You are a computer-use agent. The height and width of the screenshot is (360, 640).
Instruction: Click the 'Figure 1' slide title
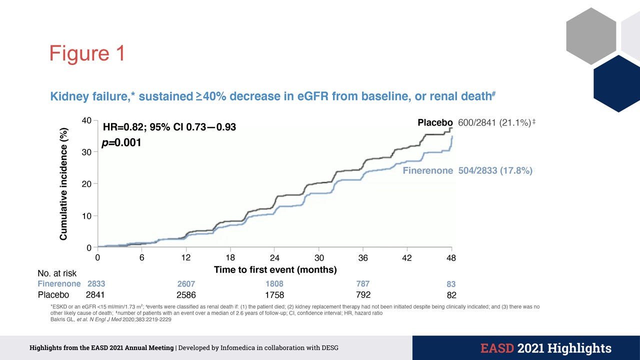click(x=87, y=53)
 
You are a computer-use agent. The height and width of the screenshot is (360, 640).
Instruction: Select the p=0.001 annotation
click(x=121, y=143)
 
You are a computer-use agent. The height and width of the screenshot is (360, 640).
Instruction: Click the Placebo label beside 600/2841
click(x=435, y=122)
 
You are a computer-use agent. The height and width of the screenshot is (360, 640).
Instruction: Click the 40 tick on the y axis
click(x=86, y=120)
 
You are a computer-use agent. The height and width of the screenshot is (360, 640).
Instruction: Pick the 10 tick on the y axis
click(x=86, y=216)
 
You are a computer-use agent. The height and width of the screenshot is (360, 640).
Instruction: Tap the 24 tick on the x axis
click(x=274, y=258)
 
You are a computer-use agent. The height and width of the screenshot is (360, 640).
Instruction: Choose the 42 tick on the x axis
click(x=407, y=258)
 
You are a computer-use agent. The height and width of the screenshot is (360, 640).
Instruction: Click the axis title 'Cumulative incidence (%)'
click(x=64, y=183)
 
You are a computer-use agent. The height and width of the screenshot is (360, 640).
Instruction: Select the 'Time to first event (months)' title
click(x=275, y=270)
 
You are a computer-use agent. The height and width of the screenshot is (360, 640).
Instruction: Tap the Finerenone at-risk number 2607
click(x=185, y=284)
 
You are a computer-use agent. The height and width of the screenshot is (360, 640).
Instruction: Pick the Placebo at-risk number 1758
click(x=274, y=294)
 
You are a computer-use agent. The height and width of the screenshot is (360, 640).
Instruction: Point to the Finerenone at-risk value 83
click(x=451, y=284)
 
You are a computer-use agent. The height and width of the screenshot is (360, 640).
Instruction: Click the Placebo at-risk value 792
click(x=363, y=294)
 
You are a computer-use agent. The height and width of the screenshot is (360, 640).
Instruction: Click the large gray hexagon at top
click(x=590, y=36)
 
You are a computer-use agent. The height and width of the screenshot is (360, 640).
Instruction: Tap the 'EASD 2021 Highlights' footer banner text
click(x=546, y=348)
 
